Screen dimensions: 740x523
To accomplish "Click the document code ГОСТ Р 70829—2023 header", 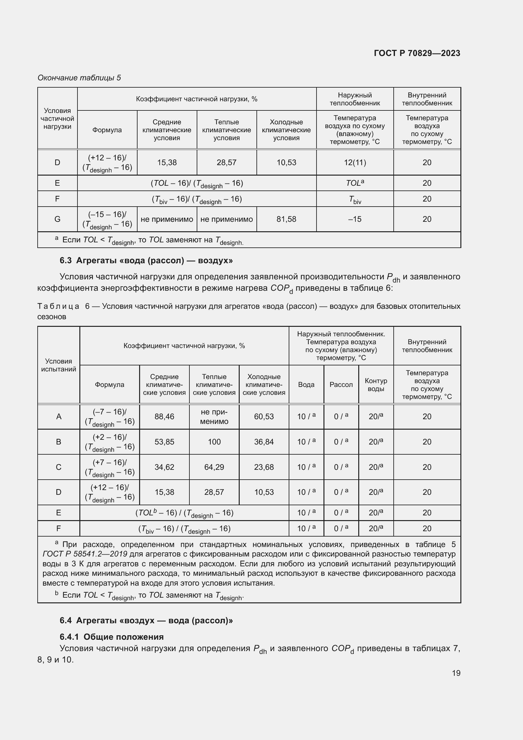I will point(417,53).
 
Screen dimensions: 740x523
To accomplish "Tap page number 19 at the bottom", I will point(456,673).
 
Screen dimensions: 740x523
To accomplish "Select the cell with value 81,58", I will point(286,219).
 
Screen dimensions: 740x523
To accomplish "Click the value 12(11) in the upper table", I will point(355,162).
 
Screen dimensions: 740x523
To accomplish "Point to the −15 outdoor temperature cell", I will point(355,219).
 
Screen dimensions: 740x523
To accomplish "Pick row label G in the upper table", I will point(57,219).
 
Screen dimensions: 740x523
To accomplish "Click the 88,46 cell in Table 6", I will point(164,416).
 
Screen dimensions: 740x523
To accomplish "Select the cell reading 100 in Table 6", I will point(214,442).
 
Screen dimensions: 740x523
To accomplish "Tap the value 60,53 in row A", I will point(264,416).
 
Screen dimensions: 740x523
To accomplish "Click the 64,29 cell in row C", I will point(214,467).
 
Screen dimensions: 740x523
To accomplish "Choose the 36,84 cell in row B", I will point(264,442).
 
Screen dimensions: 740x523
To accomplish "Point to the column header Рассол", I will point(341,384).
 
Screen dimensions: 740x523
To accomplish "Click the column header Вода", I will point(306,384).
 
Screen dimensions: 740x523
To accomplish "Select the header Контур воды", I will point(376,384).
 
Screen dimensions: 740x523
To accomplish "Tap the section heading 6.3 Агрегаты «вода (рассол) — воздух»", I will point(146,260).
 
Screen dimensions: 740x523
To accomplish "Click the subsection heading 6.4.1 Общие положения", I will point(111,637).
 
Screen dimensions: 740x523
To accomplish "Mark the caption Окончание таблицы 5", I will point(79,78).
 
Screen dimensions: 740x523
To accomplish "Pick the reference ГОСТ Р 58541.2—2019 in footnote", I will point(85,554).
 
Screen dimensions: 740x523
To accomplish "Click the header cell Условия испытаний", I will point(58,365).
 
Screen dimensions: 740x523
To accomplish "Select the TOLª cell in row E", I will point(355,183).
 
